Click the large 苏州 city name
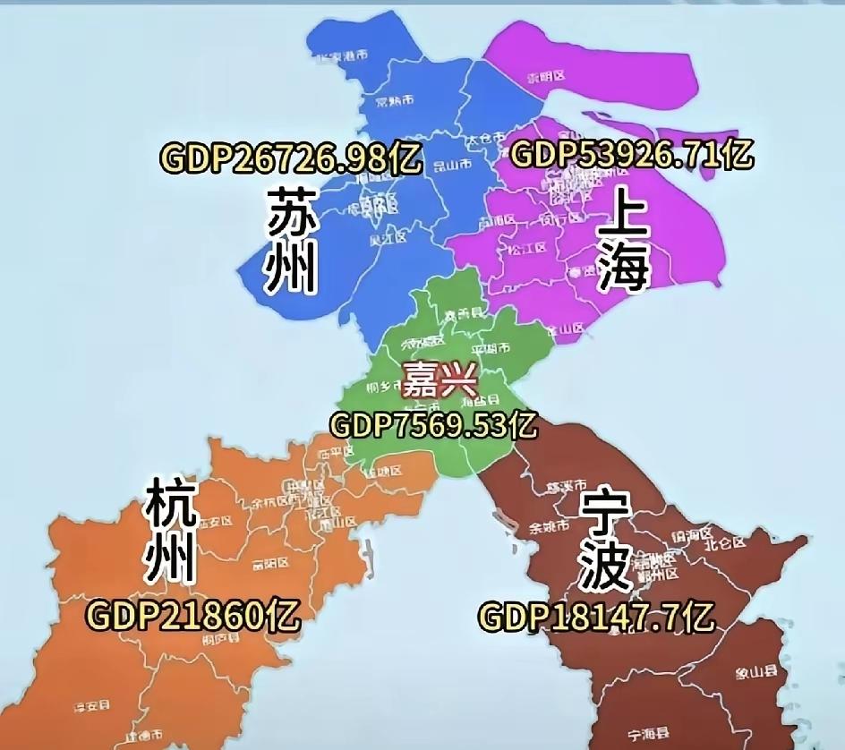click(x=293, y=240)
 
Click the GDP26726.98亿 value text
click(x=291, y=158)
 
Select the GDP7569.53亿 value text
click(x=435, y=423)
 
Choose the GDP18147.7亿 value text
click(x=596, y=617)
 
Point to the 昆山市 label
click(x=452, y=166)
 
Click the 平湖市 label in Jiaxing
click(x=491, y=347)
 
